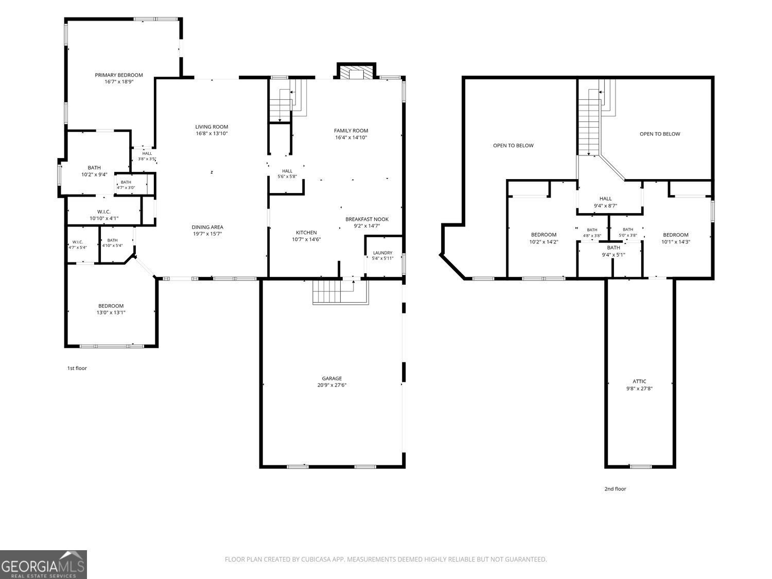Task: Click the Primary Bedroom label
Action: (x=119, y=75)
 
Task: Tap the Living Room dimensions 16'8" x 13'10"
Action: (x=212, y=134)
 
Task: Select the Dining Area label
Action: (x=207, y=227)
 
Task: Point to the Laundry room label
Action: (x=383, y=253)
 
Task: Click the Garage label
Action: (x=332, y=378)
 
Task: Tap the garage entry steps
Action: (x=341, y=291)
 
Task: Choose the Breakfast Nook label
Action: (x=367, y=219)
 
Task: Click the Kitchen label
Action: (x=306, y=233)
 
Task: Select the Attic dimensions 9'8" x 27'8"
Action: (x=639, y=389)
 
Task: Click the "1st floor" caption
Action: (x=77, y=368)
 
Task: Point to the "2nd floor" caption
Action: (x=616, y=488)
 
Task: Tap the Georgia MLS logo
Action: (x=43, y=565)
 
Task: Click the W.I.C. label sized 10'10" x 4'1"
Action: (x=104, y=212)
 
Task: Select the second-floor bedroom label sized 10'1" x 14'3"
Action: (x=676, y=235)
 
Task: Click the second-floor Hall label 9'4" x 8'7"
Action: (x=606, y=199)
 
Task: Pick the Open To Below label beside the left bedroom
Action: (x=514, y=145)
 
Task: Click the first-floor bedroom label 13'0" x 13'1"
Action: (x=111, y=306)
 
